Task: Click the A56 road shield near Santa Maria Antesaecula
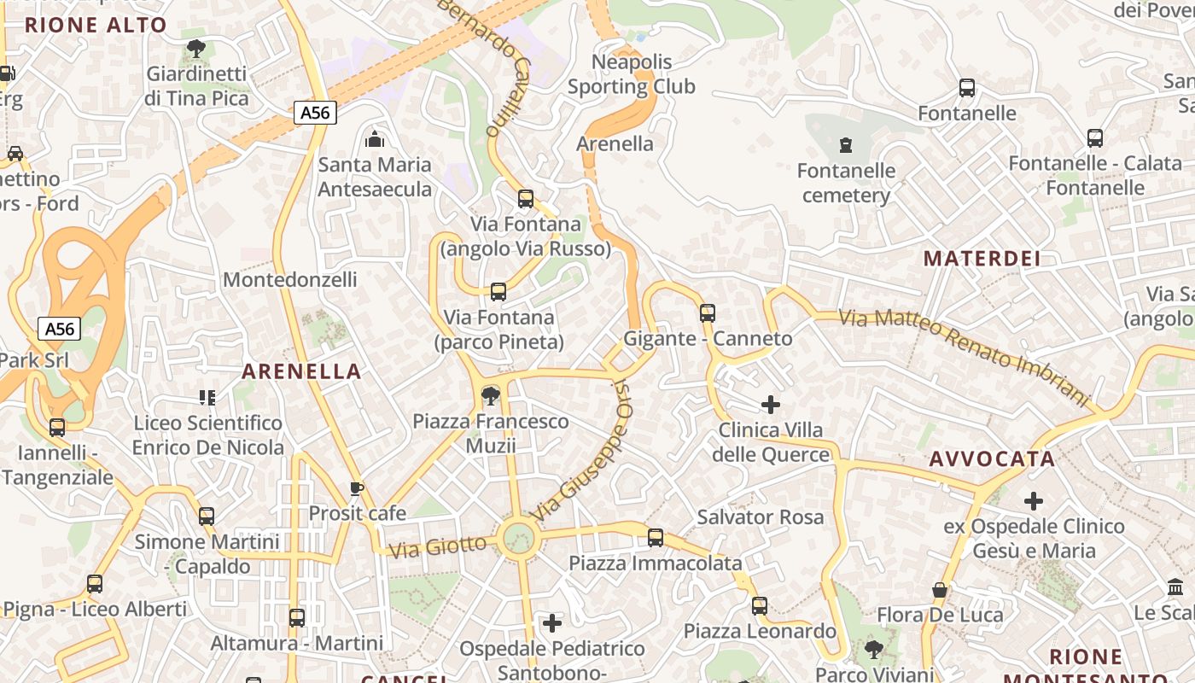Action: click(315, 113)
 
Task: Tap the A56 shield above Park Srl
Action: click(60, 329)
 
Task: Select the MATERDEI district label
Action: click(982, 259)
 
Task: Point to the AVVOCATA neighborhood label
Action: click(992, 459)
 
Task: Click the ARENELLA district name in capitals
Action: click(301, 371)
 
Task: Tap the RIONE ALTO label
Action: click(96, 25)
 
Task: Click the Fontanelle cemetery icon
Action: click(846, 144)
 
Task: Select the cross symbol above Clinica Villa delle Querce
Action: click(771, 405)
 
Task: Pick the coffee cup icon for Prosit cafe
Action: click(357, 488)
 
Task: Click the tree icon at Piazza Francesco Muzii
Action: click(490, 396)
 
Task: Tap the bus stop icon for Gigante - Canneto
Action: click(707, 313)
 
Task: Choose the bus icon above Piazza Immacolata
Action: click(655, 538)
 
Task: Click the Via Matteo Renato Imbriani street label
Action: click(965, 358)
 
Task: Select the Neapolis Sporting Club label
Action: click(632, 74)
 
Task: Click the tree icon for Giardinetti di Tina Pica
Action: click(195, 48)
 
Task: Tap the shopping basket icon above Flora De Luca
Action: click(940, 590)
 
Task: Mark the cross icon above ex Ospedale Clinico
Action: click(1034, 500)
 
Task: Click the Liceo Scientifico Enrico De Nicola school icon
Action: click(207, 397)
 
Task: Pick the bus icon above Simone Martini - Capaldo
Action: click(206, 517)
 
